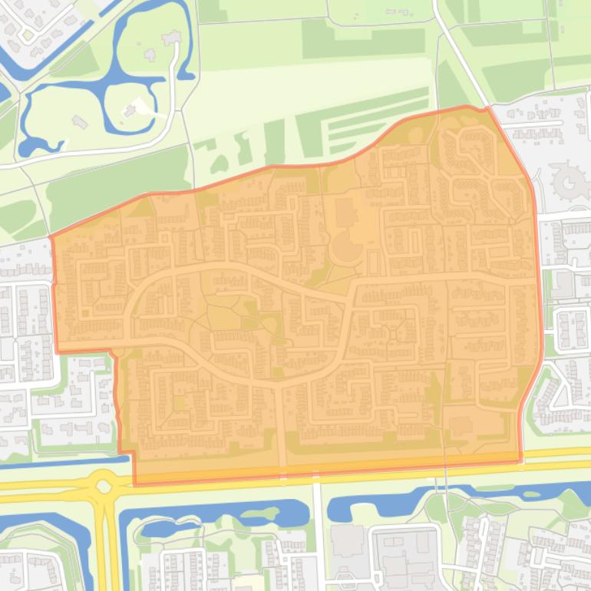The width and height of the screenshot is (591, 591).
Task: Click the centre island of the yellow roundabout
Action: point(104,485)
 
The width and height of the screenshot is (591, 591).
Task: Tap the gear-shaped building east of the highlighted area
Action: point(570,181)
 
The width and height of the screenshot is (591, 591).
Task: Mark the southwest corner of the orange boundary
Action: point(135,484)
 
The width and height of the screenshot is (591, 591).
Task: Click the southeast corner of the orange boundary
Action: point(521,461)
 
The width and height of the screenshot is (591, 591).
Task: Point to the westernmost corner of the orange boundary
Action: point(51,237)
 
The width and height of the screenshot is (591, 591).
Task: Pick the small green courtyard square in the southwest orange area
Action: point(180,401)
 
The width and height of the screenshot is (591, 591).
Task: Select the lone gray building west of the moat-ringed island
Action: point(79,121)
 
